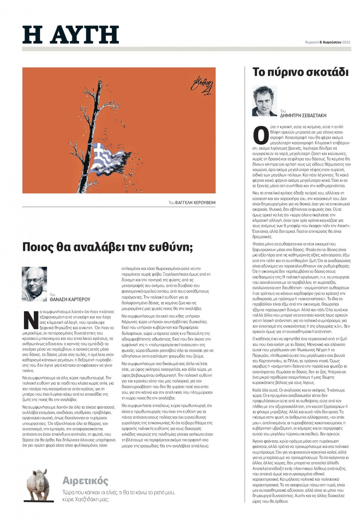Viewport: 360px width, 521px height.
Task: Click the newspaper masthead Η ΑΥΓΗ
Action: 70,35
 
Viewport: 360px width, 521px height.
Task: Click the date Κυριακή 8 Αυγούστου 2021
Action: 327,42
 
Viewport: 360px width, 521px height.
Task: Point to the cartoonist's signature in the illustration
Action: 202,85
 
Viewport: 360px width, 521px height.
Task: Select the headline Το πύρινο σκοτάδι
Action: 300,72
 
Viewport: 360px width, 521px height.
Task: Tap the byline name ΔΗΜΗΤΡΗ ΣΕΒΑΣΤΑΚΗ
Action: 303,116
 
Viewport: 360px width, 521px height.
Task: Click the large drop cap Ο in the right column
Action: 261,135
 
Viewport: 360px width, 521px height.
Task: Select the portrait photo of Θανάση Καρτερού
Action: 34,284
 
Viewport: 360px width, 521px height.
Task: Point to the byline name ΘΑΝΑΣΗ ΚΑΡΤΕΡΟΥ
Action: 70,299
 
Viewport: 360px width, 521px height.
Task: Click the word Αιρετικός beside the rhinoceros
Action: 85,481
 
